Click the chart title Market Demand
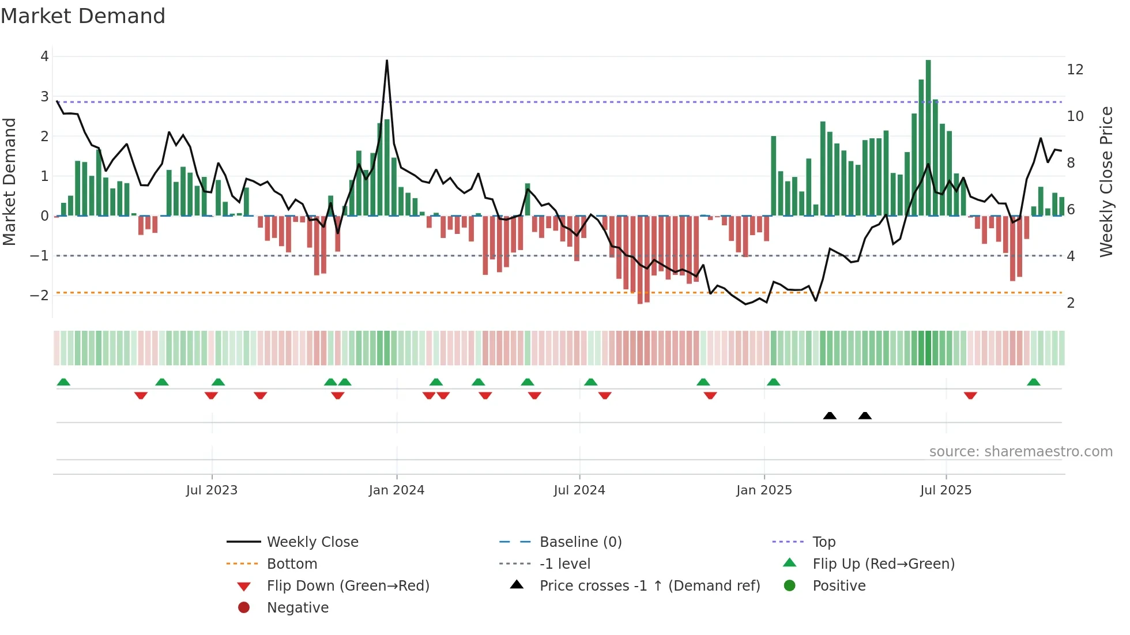[x=83, y=16]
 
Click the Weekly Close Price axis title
[x=1106, y=182]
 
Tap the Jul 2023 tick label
[x=212, y=490]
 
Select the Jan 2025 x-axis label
[x=764, y=490]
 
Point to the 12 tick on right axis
[x=1075, y=70]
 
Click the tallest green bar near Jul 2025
[x=928, y=138]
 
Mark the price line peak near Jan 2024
[x=387, y=61]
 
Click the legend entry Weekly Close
[x=312, y=542]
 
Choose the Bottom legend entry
[x=292, y=564]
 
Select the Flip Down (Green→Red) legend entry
[x=348, y=586]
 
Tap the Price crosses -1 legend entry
[x=649, y=586]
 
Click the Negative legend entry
[x=297, y=608]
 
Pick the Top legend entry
[x=823, y=542]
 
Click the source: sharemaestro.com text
[x=1020, y=452]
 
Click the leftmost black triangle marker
[x=830, y=415]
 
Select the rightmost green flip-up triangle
[x=1034, y=382]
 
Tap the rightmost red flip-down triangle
[x=970, y=395]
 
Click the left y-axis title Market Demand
[x=9, y=182]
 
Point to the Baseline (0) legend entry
[x=580, y=542]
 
